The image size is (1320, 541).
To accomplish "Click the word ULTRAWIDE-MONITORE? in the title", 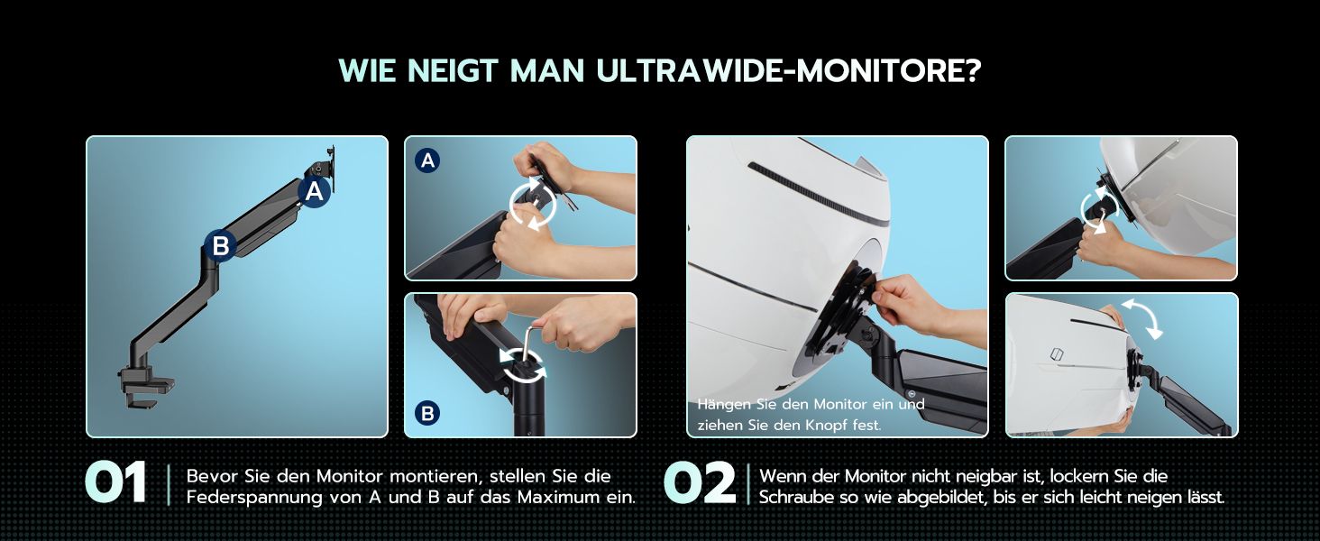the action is pyautogui.click(x=789, y=70).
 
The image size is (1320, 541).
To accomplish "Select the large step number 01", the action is pyautogui.click(x=115, y=482).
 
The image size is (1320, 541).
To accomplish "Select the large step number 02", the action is pyautogui.click(x=700, y=482).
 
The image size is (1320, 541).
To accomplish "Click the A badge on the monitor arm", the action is pyautogui.click(x=314, y=191).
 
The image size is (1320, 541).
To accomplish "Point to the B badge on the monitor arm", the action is pyautogui.click(x=220, y=245).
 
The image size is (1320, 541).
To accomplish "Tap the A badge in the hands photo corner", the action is pyautogui.click(x=427, y=160).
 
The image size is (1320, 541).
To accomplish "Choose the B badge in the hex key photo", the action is pyautogui.click(x=427, y=413).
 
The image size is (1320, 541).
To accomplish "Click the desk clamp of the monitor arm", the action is pyautogui.click(x=145, y=386).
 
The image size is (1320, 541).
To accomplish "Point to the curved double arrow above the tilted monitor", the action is pyautogui.click(x=1142, y=318).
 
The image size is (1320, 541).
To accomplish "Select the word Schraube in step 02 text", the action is pyautogui.click(x=797, y=497).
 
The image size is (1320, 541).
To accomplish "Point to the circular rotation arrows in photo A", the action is pyautogui.click(x=533, y=204).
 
